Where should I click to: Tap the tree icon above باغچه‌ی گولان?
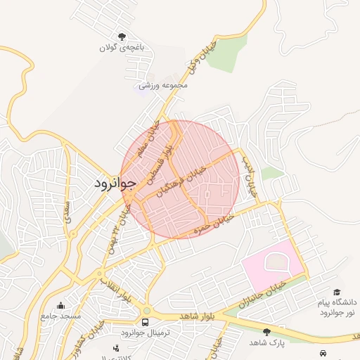pyautogui.click(x=122, y=37)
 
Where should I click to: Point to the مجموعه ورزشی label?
pyautogui.click(x=163, y=85)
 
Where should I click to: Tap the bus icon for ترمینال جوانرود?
pyautogui.click(x=146, y=322)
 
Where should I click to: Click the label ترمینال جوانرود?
pyautogui.click(x=142, y=333)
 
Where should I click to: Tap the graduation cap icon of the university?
pyautogui.click(x=336, y=292)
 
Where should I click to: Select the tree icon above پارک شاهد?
pyautogui.click(x=266, y=331)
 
